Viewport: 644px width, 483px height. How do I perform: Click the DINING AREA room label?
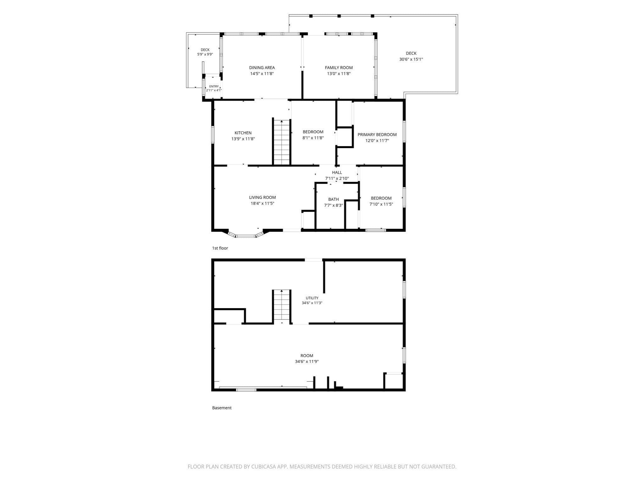262,68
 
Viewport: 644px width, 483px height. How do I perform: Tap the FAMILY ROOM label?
339,68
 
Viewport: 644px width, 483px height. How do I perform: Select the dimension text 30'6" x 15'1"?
411,59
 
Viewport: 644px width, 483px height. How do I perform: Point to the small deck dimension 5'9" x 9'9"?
205,54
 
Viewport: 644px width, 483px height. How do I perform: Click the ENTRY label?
214,86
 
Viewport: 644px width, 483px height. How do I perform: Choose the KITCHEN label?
243,133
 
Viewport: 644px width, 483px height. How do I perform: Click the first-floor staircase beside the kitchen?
281,142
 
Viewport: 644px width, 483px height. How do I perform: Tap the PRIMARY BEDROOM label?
377,135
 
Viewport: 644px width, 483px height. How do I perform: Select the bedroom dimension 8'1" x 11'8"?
313,138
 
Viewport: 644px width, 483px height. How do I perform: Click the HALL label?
337,172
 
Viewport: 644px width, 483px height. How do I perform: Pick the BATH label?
334,199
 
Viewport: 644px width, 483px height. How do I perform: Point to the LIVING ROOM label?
263,197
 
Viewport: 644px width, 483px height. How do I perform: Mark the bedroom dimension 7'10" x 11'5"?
381,204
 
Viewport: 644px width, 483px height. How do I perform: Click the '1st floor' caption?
220,248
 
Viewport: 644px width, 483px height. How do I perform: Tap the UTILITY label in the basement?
312,298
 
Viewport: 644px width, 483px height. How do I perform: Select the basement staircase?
281,306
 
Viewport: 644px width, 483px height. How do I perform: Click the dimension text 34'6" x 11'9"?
307,362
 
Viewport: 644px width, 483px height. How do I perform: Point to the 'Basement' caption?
222,408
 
